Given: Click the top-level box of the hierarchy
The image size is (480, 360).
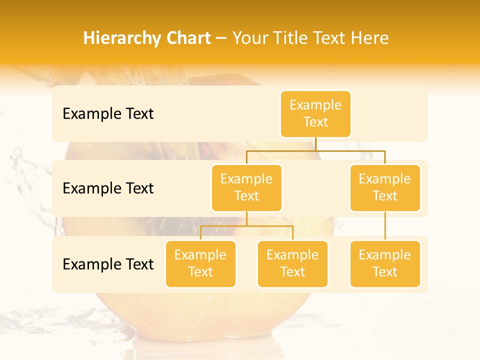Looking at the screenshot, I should click(x=315, y=113).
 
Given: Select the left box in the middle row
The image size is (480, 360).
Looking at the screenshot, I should click(x=246, y=187).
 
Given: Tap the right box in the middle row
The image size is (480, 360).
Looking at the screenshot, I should click(x=385, y=187).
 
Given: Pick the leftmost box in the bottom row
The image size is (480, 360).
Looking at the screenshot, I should click(x=200, y=263).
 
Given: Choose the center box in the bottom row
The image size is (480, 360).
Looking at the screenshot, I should click(x=292, y=263).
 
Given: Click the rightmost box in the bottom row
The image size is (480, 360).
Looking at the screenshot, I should click(x=385, y=263).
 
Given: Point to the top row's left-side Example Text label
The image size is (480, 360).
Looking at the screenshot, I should click(x=108, y=114).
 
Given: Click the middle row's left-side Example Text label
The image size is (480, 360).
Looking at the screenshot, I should click(x=108, y=188).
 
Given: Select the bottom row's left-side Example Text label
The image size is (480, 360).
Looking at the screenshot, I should click(x=108, y=264).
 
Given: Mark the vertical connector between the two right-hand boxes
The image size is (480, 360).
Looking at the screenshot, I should click(x=385, y=226).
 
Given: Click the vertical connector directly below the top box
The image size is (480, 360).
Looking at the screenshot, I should click(x=315, y=144).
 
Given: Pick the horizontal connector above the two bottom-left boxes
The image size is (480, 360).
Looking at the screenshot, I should click(x=246, y=226).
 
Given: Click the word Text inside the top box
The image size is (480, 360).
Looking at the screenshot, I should click(x=315, y=122).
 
